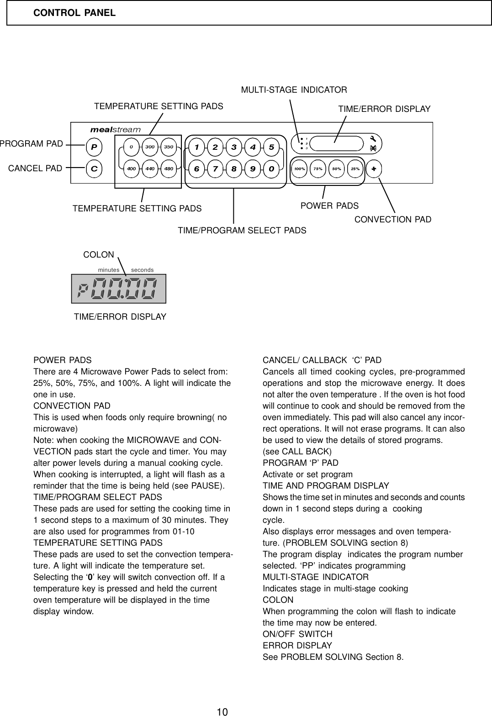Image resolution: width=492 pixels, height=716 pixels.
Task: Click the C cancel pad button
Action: coord(94,168)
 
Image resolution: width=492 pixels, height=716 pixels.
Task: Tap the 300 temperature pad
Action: coord(150,147)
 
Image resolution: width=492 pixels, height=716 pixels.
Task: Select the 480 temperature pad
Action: coord(169,168)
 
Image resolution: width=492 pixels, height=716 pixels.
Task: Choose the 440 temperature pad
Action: coord(150,168)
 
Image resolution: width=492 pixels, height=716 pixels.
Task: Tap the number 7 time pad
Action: coord(215,168)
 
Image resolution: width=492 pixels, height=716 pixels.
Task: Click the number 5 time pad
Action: coord(271,147)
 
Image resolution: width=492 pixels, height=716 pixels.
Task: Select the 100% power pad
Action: coord(300,168)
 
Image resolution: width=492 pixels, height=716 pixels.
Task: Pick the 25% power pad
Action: coord(355,168)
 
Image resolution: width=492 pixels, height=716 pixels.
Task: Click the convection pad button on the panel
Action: coord(374,168)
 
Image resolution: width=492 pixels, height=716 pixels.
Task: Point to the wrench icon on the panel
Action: coord(373,139)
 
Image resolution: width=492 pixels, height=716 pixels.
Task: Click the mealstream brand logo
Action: coord(116,130)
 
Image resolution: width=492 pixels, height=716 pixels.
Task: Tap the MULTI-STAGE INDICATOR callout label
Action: coord(294,89)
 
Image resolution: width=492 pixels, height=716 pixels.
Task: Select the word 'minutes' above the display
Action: coord(109,270)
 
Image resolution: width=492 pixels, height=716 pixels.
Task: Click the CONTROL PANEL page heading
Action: coord(74,13)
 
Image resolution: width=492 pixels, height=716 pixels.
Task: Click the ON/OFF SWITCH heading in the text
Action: coord(297,634)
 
